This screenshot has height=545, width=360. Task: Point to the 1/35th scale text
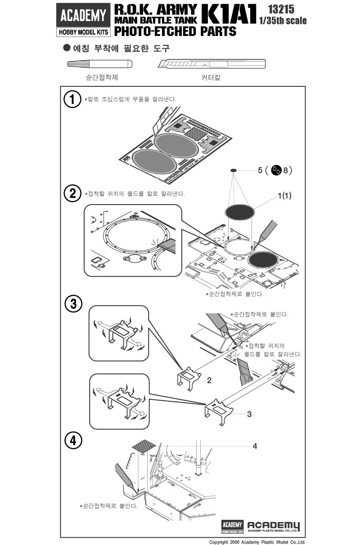pyautogui.click(x=283, y=21)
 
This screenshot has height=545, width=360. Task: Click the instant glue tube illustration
pyautogui.click(x=99, y=64)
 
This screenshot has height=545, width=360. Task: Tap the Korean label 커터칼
pyautogui.click(x=211, y=77)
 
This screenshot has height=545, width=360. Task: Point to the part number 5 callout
pyautogui.click(x=260, y=170)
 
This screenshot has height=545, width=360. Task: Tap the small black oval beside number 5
pyautogui.click(x=234, y=170)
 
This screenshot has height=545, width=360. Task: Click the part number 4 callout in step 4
pyautogui.click(x=255, y=446)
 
